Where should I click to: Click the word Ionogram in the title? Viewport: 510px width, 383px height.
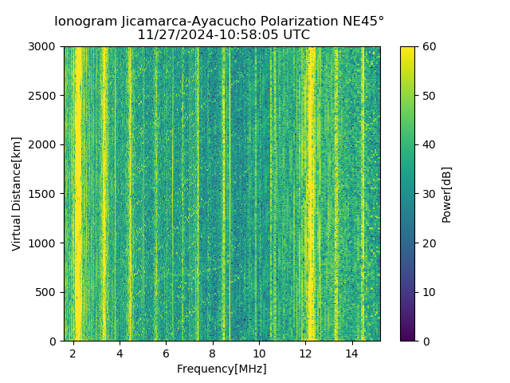pos(83,22)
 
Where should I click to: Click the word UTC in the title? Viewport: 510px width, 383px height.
pos(294,35)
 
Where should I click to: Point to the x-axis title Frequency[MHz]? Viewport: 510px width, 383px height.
pos(222,369)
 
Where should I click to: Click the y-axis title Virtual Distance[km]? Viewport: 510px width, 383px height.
pos(17,194)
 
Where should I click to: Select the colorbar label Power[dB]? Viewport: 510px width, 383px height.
pos(446,194)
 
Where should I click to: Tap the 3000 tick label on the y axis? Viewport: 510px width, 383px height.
pos(43,47)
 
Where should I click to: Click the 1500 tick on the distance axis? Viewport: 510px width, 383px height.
pos(43,194)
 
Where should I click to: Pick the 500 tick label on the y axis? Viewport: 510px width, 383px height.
pos(46,292)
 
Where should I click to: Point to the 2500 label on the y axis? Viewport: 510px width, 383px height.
pos(43,96)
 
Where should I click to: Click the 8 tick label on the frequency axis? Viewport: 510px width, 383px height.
pos(213,353)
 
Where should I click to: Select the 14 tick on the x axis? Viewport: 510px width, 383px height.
pos(351,353)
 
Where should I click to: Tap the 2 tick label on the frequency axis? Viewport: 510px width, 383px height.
pos(73,353)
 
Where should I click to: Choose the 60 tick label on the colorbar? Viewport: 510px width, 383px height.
pos(428,47)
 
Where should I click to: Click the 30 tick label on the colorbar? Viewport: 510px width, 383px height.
pos(428,194)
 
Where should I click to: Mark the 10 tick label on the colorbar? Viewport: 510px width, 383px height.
pos(428,292)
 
